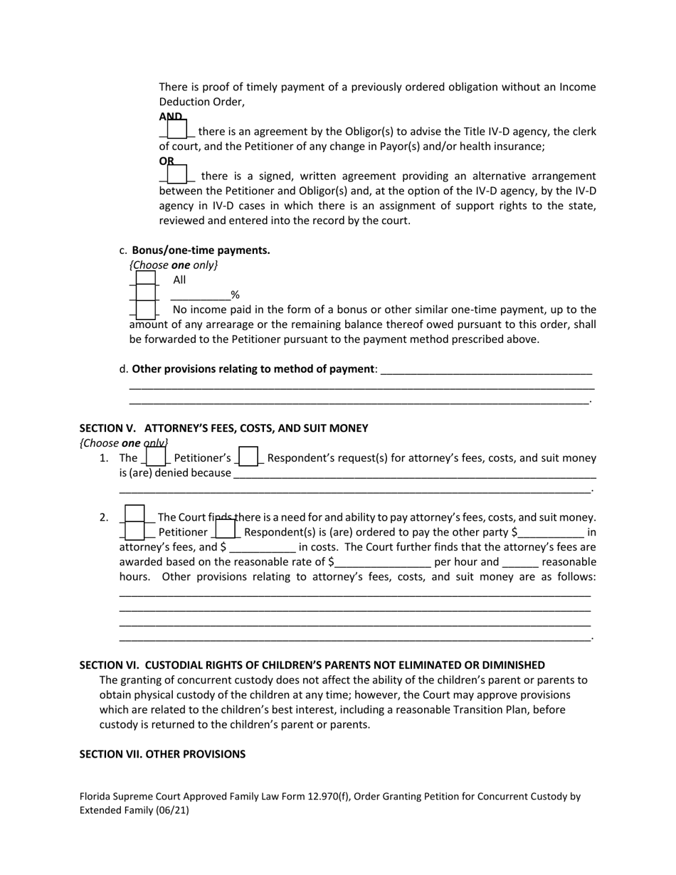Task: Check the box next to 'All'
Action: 145,280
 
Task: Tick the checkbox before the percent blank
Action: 145,295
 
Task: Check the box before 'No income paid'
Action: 145,309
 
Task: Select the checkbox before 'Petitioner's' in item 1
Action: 156,457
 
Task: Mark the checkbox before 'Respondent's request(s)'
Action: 248,457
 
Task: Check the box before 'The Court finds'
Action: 134,515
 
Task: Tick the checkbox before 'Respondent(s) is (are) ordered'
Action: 225,530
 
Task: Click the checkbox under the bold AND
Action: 176,129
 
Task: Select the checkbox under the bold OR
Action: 176,174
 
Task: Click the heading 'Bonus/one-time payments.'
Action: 201,250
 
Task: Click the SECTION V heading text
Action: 223,428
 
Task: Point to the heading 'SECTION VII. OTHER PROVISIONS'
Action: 162,754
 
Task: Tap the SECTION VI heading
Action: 312,665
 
